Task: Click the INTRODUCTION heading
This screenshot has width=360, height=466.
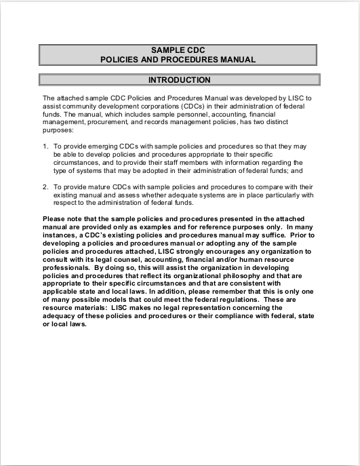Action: click(x=179, y=80)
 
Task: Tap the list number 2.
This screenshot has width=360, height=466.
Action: click(x=45, y=186)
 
